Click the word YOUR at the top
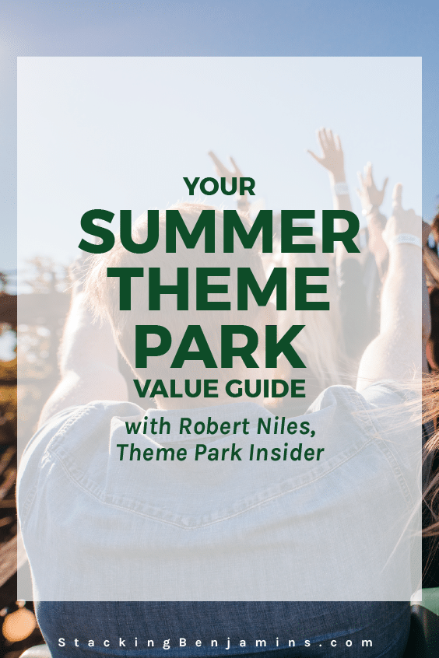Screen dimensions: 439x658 tap(219, 187)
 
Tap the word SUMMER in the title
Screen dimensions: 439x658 tap(219, 231)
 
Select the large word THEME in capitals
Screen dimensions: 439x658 tap(219, 289)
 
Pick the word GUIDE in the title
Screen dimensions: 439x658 tap(265, 388)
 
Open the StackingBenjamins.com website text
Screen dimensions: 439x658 tap(216, 642)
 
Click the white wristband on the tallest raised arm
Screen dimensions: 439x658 tap(342, 188)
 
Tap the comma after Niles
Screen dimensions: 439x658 tap(311, 433)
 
